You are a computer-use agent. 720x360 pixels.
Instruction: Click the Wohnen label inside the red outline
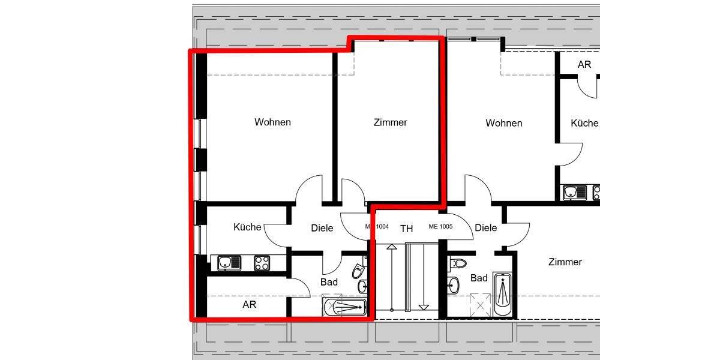click(272, 122)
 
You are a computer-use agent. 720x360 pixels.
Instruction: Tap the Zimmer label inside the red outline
click(390, 122)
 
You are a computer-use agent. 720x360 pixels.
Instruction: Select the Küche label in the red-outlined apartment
click(247, 227)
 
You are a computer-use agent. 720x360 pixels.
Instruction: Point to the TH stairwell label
click(407, 229)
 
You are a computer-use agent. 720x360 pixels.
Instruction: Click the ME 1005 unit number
click(440, 227)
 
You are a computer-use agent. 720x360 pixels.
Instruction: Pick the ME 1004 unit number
click(377, 227)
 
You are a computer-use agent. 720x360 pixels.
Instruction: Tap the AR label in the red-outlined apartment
click(250, 305)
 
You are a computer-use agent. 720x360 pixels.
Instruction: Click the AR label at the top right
click(584, 64)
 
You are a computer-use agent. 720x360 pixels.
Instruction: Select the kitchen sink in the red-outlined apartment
click(229, 263)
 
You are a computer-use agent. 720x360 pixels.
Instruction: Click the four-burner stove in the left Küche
click(262, 263)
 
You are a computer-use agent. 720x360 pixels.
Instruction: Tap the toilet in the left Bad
click(358, 272)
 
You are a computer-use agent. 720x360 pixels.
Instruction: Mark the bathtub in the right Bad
click(503, 296)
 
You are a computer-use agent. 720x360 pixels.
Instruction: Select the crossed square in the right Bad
click(480, 305)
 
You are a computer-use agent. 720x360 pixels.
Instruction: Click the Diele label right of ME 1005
click(485, 228)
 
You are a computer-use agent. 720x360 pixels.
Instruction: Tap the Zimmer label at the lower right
click(565, 262)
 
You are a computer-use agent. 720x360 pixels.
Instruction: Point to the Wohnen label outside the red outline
click(503, 123)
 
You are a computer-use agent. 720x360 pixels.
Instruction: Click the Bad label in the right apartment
click(479, 278)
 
